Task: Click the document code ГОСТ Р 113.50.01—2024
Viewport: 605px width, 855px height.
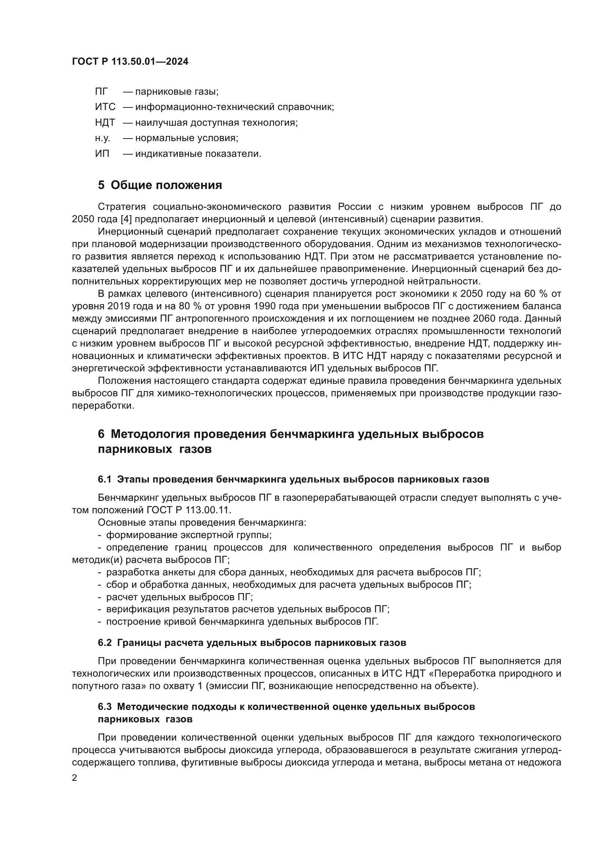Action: click(130, 62)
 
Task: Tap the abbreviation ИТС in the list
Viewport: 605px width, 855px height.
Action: click(105, 107)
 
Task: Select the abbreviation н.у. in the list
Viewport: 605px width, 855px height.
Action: click(102, 138)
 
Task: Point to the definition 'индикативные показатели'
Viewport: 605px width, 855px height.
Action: click(198, 154)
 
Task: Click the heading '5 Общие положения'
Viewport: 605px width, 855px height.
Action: click(160, 185)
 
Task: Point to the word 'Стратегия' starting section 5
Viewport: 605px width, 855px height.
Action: click(121, 207)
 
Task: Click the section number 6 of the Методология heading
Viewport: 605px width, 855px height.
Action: click(101, 434)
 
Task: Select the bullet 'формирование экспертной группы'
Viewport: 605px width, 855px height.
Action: click(188, 535)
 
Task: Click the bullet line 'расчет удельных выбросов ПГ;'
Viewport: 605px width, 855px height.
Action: click(179, 597)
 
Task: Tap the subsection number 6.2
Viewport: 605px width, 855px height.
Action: click(105, 642)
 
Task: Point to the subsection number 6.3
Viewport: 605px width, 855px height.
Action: click(105, 707)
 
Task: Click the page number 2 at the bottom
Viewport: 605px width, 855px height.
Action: click(75, 778)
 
